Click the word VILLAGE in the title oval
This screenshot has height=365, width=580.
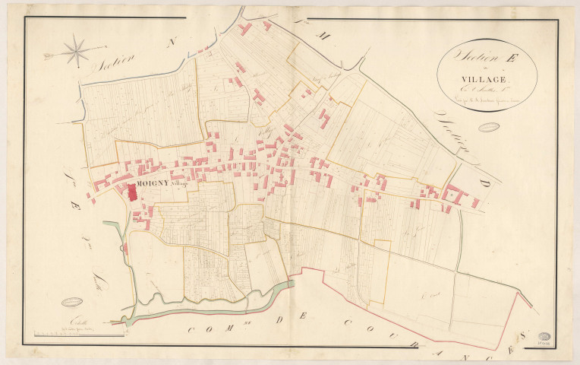[487, 78]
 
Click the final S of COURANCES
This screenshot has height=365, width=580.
[523, 332]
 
